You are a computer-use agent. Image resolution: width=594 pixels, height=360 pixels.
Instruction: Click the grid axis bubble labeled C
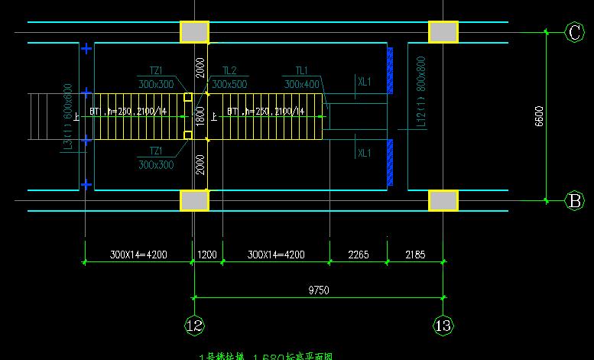[574, 32]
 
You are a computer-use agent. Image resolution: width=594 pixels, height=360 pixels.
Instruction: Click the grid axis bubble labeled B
[574, 201]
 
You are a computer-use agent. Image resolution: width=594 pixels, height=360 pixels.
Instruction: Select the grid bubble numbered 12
[194, 325]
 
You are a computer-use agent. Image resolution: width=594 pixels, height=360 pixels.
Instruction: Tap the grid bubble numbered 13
[443, 325]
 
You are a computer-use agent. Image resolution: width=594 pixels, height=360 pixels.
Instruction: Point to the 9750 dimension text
[319, 290]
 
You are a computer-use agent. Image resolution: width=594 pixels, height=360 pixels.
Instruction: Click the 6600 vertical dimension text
[539, 116]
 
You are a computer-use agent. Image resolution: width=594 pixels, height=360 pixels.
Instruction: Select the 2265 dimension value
[357, 255]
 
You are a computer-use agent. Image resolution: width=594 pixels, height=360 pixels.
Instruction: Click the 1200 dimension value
[208, 255]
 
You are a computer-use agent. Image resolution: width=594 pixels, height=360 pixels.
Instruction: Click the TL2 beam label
[229, 70]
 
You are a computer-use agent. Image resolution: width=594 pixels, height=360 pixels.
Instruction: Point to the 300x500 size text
[229, 84]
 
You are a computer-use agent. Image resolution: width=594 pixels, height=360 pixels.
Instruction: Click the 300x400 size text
[301, 84]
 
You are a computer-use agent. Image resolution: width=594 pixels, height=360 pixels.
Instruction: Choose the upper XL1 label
[364, 81]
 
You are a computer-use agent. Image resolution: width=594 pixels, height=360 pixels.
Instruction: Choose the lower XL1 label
[364, 153]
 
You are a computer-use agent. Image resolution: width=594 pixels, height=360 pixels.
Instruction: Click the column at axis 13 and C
[443, 32]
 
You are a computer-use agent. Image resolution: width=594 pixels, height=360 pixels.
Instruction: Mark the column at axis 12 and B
[194, 200]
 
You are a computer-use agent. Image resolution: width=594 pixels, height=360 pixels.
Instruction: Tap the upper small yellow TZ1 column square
[188, 98]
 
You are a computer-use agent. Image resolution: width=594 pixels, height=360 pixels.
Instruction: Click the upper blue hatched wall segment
[390, 70]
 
